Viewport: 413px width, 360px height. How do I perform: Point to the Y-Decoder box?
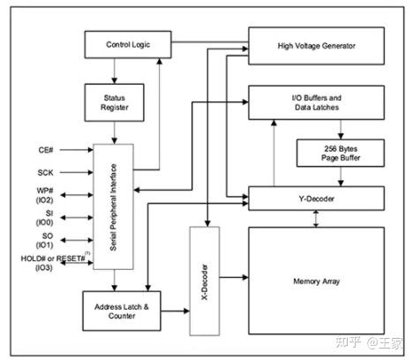[316, 199]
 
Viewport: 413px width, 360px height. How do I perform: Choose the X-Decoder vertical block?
[205, 280]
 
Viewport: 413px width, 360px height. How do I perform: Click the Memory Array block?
[316, 282]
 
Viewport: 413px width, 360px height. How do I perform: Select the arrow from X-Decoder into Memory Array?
[233, 281]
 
